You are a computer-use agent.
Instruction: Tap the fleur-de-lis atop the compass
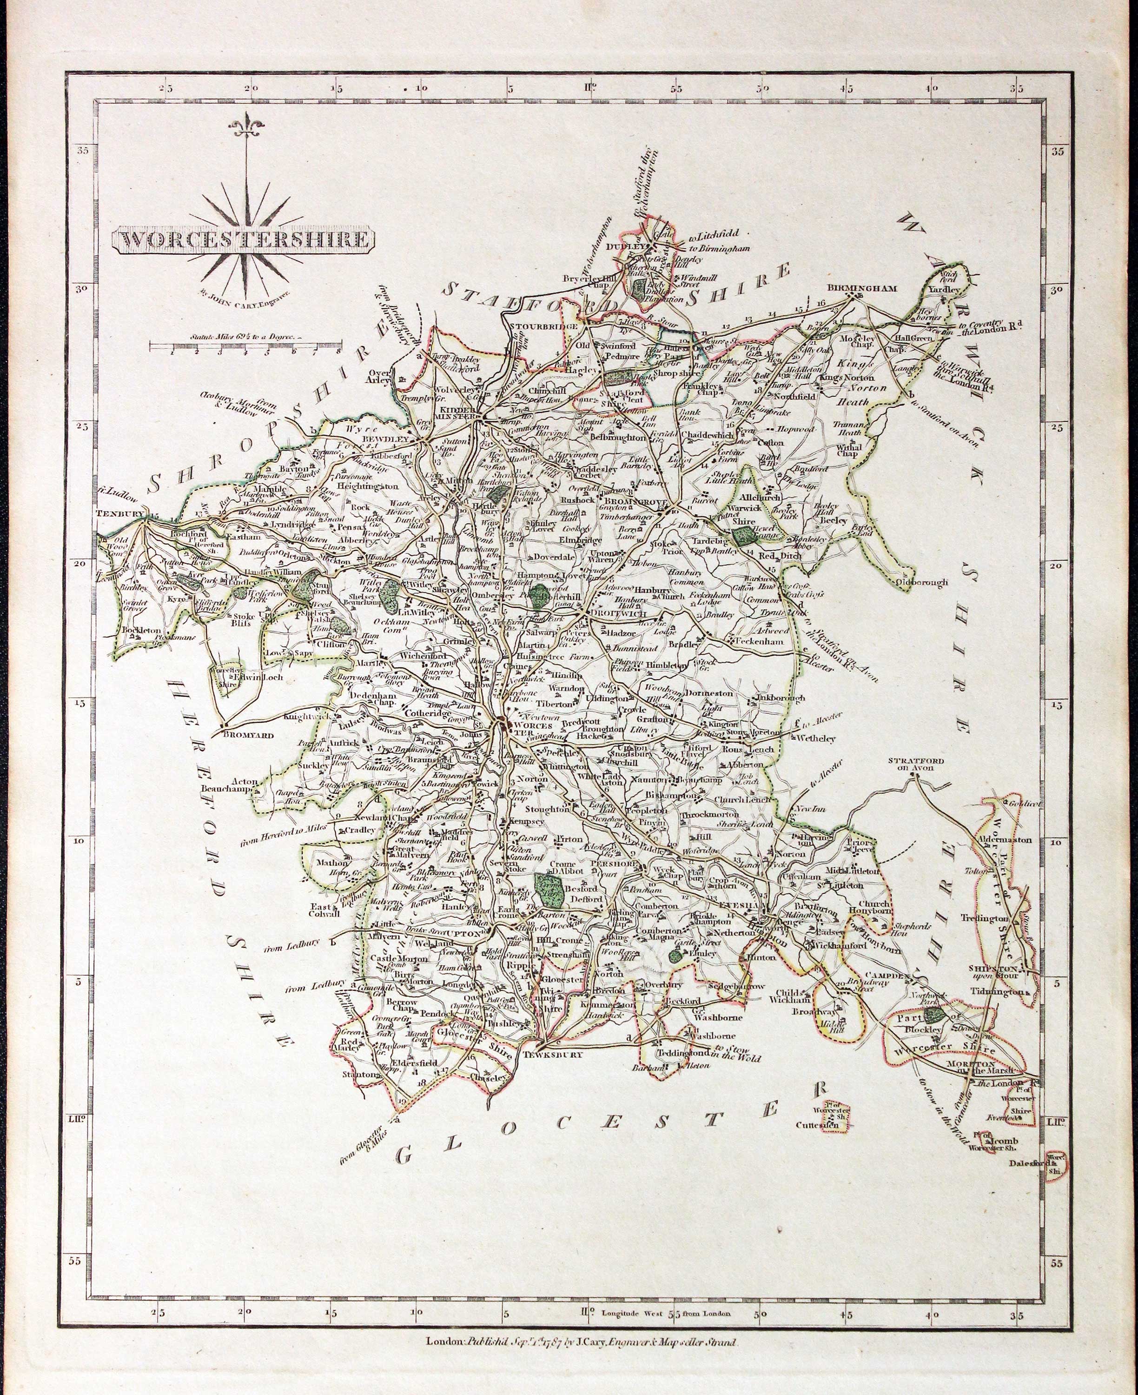pos(247,125)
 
